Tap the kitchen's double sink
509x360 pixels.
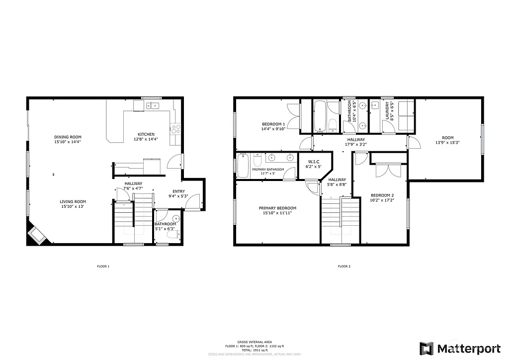(152, 105)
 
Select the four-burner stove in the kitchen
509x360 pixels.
(175, 128)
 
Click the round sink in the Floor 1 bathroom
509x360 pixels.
(175, 219)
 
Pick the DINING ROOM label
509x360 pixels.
(68, 137)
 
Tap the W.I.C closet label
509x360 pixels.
(313, 161)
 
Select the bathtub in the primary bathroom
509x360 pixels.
(243, 166)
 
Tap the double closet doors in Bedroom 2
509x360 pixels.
(389, 171)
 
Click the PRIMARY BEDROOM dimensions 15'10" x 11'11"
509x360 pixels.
(277, 213)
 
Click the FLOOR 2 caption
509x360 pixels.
(344, 267)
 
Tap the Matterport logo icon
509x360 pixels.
(426, 348)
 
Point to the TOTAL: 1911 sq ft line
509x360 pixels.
(254, 350)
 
